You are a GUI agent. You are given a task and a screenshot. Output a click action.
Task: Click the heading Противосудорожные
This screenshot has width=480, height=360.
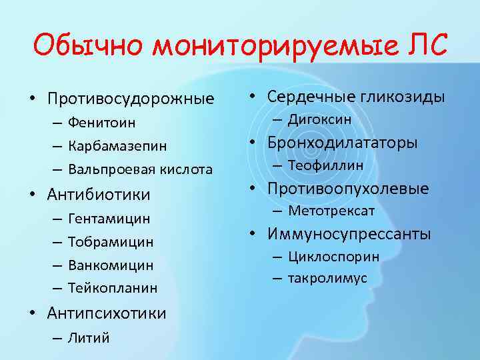(131, 99)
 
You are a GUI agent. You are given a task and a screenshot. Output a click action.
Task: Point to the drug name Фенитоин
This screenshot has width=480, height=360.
(101, 123)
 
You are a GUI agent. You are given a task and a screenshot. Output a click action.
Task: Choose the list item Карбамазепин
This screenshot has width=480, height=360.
(117, 146)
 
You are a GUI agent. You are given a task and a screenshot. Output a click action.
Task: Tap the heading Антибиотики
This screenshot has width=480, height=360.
(99, 195)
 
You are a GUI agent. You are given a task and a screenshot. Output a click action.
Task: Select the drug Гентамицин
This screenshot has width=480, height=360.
(109, 219)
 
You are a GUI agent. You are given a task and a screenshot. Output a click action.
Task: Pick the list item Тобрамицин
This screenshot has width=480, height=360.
(111, 242)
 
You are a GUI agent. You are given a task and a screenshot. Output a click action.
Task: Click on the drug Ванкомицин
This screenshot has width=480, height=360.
(111, 265)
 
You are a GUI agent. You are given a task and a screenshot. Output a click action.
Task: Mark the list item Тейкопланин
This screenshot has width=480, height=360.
(113, 288)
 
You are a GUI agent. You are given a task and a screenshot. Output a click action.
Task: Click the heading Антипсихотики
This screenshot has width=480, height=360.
(107, 313)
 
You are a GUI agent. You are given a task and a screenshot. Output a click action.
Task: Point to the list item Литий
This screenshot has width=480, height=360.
(89, 337)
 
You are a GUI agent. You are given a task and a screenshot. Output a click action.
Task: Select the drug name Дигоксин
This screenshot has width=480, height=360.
(320, 119)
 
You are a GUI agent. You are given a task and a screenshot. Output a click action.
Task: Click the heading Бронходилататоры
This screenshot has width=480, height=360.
(343, 143)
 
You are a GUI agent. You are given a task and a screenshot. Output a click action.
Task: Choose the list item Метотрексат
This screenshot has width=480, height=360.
(332, 211)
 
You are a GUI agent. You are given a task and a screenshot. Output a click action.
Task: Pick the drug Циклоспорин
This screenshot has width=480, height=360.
(334, 256)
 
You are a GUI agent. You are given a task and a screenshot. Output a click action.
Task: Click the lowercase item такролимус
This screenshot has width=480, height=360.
(327, 278)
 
